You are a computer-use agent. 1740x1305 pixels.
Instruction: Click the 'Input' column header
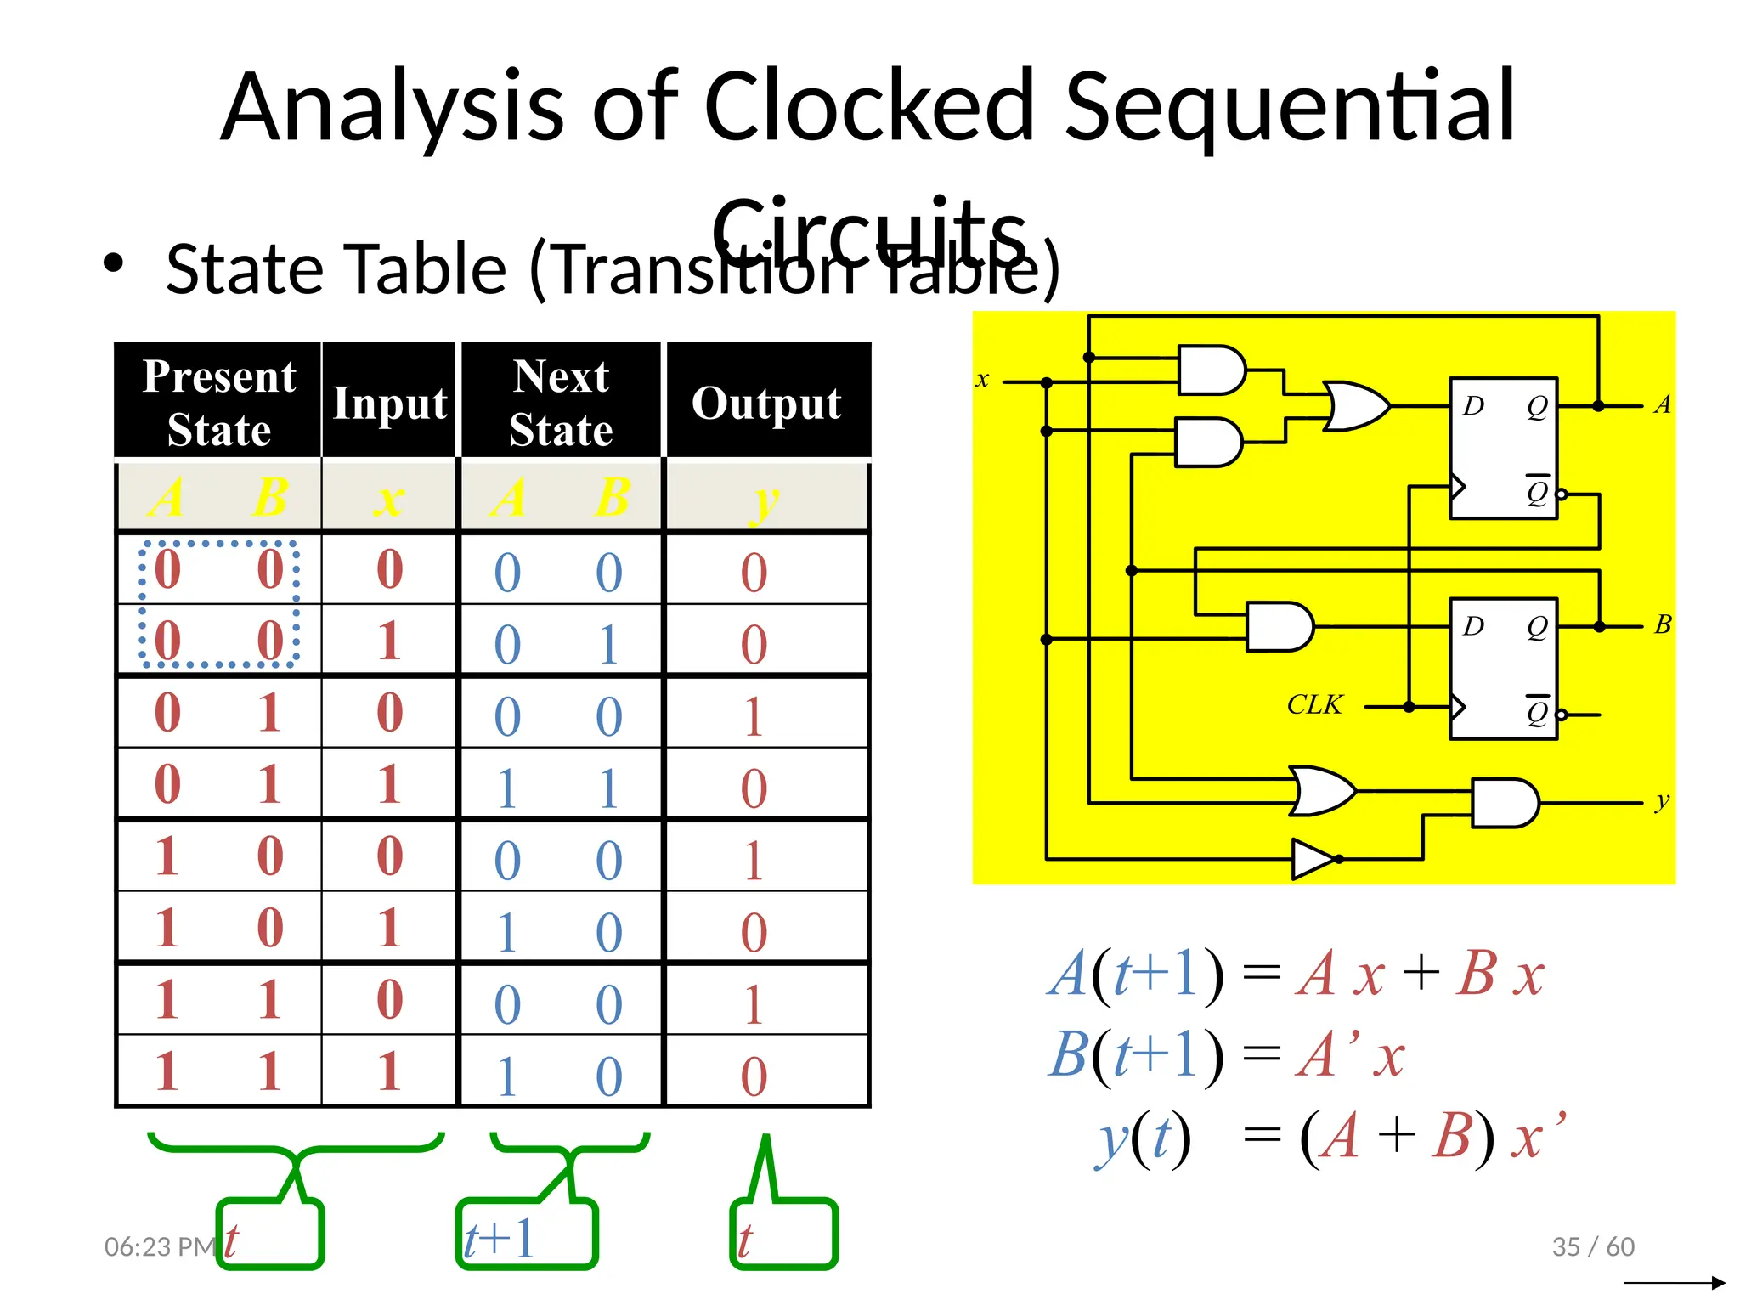point(390,403)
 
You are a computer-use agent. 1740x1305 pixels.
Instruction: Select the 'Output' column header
point(766,403)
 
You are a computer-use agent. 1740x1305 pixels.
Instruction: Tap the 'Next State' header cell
point(561,402)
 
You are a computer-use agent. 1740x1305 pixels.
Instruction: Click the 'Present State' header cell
point(219,402)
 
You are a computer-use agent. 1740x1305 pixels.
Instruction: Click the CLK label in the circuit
point(1314,704)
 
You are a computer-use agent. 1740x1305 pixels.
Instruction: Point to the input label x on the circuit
point(982,380)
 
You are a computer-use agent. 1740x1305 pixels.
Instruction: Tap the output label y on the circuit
point(1662,800)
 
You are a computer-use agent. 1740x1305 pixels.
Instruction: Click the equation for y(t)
point(1330,1137)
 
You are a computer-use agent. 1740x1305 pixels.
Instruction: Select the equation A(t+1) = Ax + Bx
point(1296,974)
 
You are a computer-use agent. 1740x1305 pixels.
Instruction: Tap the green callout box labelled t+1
point(527,1234)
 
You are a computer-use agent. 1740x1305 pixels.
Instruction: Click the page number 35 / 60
point(1593,1246)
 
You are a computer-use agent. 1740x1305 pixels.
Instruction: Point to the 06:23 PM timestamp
point(159,1246)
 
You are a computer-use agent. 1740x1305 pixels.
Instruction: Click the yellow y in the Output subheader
point(765,500)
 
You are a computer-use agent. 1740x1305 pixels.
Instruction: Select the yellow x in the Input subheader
point(389,500)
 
